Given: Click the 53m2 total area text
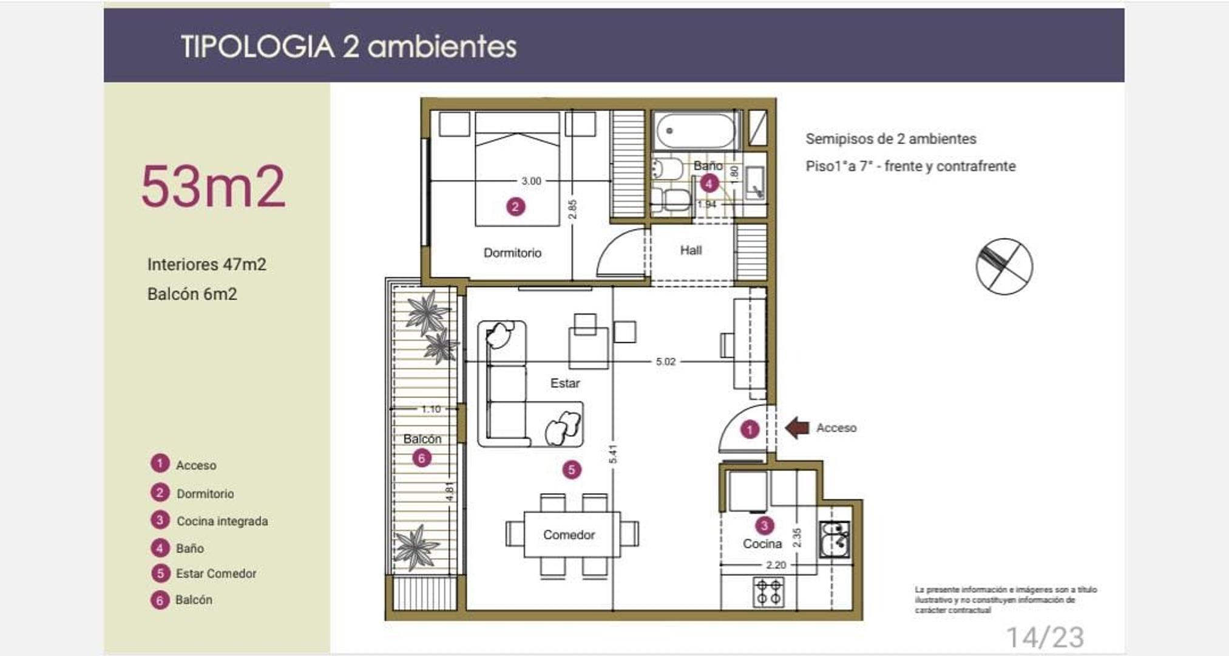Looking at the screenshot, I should pyautogui.click(x=213, y=186).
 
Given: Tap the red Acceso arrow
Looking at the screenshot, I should pyautogui.click(x=797, y=428).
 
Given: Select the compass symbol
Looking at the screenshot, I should pyautogui.click(x=1004, y=267).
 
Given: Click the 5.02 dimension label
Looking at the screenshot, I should pyautogui.click(x=665, y=361).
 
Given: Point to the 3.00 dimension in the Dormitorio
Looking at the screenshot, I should pyautogui.click(x=531, y=181).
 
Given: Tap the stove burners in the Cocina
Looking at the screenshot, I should pyautogui.click(x=768, y=592).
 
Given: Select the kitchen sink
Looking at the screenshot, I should pyautogui.click(x=835, y=539).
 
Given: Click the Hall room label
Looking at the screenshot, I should pyautogui.click(x=691, y=250).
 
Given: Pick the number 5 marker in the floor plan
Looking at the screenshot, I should pyautogui.click(x=571, y=470).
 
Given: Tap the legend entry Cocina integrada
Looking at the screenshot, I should pyautogui.click(x=222, y=521).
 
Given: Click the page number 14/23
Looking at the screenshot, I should pyautogui.click(x=1044, y=637).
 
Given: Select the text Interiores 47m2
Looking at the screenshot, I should pyautogui.click(x=206, y=264).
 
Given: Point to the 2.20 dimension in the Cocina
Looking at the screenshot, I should pyautogui.click(x=776, y=565).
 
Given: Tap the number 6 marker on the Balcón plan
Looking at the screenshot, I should pyautogui.click(x=422, y=458).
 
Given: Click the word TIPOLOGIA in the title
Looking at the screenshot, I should pyautogui.click(x=258, y=47).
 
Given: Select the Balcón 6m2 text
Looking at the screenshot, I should pyautogui.click(x=192, y=294).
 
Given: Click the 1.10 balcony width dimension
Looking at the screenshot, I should pyautogui.click(x=431, y=409).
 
